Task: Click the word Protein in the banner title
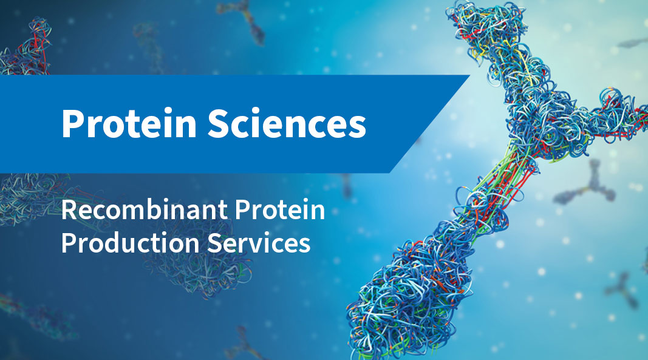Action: [x=129, y=123]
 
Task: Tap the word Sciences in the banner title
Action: [x=287, y=123]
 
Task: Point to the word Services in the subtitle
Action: [x=259, y=243]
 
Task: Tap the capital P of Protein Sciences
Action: [x=72, y=124]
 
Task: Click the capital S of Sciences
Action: [x=217, y=124]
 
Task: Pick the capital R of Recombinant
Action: [x=70, y=210]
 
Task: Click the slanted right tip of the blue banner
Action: [x=469, y=76]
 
